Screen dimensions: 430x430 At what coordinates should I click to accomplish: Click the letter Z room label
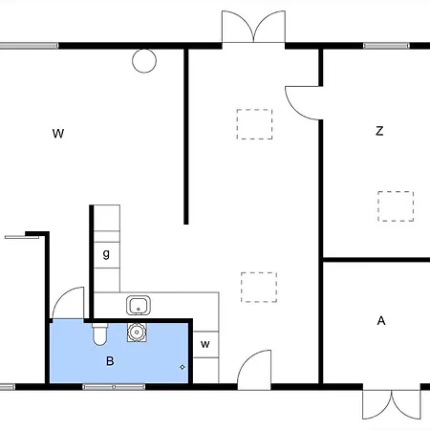click(379, 131)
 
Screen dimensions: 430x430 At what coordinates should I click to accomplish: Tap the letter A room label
click(381, 320)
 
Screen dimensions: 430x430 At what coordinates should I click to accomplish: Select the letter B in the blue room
click(110, 361)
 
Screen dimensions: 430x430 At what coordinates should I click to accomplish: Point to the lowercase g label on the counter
click(106, 254)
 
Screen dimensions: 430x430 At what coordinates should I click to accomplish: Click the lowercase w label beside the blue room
click(205, 344)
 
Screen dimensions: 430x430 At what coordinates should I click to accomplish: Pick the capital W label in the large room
click(58, 133)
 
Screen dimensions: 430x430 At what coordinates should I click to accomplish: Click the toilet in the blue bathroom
click(99, 334)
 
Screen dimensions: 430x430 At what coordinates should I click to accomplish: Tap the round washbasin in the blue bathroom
click(137, 333)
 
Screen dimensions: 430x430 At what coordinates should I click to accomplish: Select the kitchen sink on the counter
click(139, 305)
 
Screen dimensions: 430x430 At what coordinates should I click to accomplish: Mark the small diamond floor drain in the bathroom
click(183, 367)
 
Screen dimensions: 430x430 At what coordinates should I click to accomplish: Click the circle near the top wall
click(144, 61)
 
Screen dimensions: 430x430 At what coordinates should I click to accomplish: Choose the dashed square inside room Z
click(396, 206)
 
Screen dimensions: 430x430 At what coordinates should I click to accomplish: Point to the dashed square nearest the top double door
click(254, 124)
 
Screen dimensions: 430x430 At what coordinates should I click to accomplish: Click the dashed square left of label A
click(259, 287)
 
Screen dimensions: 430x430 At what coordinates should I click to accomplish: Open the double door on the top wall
click(253, 27)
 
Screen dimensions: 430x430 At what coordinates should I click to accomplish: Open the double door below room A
click(392, 404)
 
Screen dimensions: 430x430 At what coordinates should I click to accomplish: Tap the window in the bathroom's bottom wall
click(114, 387)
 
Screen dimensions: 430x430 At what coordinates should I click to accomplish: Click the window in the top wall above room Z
click(386, 46)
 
